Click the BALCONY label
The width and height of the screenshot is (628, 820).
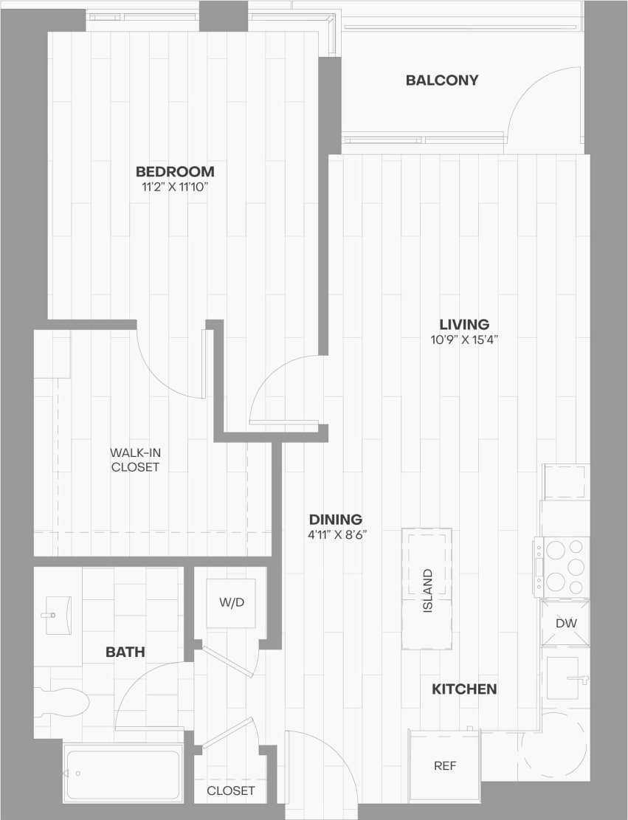pyautogui.click(x=442, y=80)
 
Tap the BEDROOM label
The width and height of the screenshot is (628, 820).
pyautogui.click(x=175, y=171)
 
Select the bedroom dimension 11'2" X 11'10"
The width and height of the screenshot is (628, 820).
pyautogui.click(x=175, y=187)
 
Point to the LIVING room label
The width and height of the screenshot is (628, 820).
pyautogui.click(x=464, y=324)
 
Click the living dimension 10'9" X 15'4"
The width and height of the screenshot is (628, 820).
pyautogui.click(x=464, y=340)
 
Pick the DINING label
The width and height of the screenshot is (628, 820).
pyautogui.click(x=336, y=519)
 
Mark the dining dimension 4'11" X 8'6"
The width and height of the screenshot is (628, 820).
pyautogui.click(x=336, y=535)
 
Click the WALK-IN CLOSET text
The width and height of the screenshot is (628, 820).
pyautogui.click(x=134, y=459)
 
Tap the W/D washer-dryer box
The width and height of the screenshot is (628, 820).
pyautogui.click(x=231, y=602)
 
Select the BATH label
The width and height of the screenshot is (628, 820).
pyautogui.click(x=125, y=652)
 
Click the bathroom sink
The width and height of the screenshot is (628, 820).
pyautogui.click(x=56, y=615)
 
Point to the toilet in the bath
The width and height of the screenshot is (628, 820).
pyautogui.click(x=62, y=702)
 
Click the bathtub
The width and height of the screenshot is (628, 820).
pyautogui.click(x=123, y=773)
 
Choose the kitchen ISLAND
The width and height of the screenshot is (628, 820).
pyautogui.click(x=427, y=589)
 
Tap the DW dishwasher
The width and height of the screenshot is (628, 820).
pyautogui.click(x=565, y=624)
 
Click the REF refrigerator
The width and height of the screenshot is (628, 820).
pyautogui.click(x=444, y=765)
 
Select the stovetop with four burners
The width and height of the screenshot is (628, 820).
pyautogui.click(x=562, y=567)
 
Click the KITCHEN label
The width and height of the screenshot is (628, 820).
pyautogui.click(x=463, y=689)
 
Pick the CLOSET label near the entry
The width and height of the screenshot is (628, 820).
pyautogui.click(x=230, y=790)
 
